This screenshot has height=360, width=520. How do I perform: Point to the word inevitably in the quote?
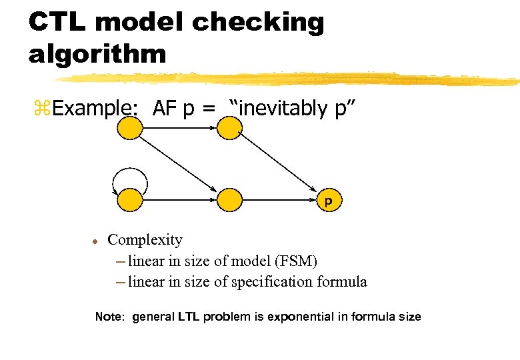(285, 108)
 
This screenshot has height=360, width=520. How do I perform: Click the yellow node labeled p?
(327, 199)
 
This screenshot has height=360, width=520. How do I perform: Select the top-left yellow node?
(130, 129)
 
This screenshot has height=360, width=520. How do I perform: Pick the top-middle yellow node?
(229, 129)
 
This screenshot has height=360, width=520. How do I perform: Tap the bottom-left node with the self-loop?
(130, 199)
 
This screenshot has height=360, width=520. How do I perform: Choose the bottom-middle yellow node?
(229, 199)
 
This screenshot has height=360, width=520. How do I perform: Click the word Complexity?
(145, 239)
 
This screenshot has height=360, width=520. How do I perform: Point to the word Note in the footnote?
(109, 317)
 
